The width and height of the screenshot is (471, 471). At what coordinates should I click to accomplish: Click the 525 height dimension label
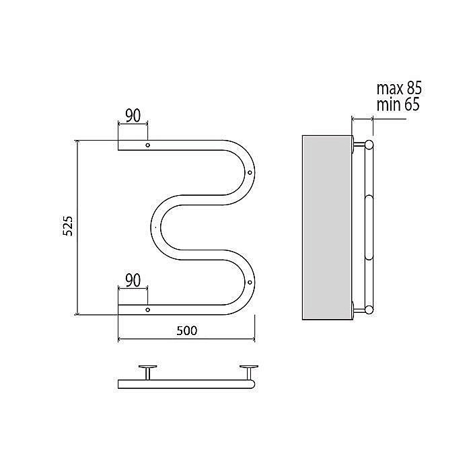pyautogui.click(x=68, y=226)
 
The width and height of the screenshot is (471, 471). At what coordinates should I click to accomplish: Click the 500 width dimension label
pyautogui.click(x=187, y=331)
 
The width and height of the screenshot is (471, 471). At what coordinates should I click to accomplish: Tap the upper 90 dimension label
pyautogui.click(x=133, y=116)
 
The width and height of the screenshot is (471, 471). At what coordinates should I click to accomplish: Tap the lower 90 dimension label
pyautogui.click(x=133, y=281)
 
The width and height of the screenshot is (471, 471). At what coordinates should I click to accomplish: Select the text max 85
pyautogui.click(x=399, y=88)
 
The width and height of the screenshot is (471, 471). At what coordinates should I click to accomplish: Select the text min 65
pyautogui.click(x=398, y=105)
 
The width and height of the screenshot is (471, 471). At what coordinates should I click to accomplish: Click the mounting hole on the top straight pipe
pyautogui.click(x=148, y=145)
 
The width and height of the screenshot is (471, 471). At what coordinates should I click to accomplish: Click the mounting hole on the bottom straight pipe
pyautogui.click(x=148, y=310)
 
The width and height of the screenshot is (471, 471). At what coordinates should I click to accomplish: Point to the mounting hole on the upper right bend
pyautogui.click(x=250, y=173)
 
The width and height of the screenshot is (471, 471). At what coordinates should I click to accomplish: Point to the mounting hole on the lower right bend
pyautogui.click(x=250, y=283)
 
